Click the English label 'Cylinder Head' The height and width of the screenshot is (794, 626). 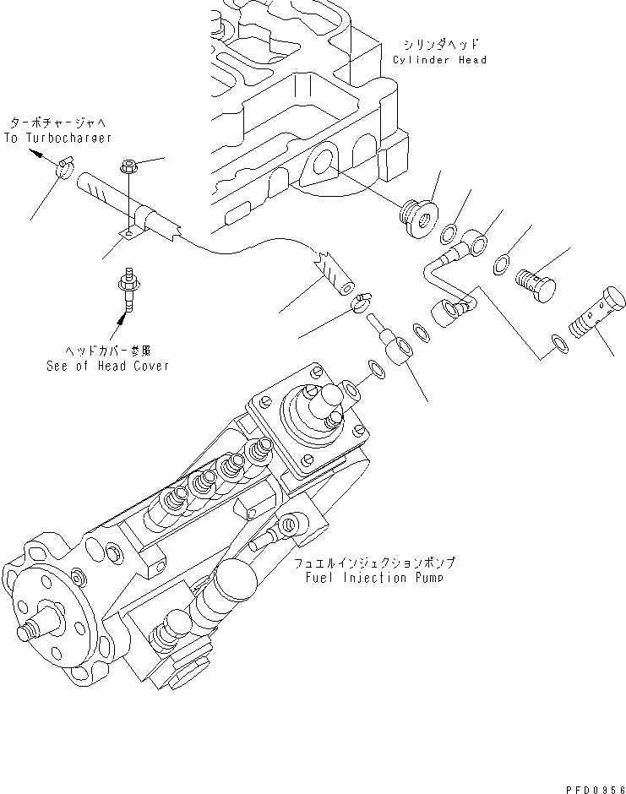(x=439, y=60)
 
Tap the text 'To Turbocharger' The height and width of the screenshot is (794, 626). (x=57, y=137)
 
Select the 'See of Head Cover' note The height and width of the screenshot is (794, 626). (x=107, y=366)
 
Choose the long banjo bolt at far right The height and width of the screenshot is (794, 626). (x=597, y=313)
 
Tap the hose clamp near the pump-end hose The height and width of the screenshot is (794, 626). (x=362, y=302)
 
